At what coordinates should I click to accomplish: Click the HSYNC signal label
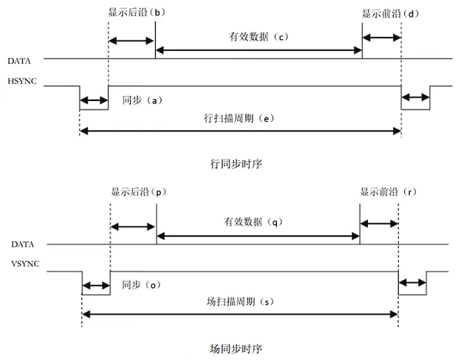click(x=22, y=81)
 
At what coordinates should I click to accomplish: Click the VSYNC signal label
click(x=25, y=264)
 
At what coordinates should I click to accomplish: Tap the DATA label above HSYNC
click(x=19, y=61)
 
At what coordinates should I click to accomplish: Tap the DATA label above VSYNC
click(x=22, y=244)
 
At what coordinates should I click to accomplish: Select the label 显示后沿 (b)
click(x=136, y=13)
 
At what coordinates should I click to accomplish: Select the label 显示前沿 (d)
click(x=390, y=14)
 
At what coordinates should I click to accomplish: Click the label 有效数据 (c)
click(x=258, y=37)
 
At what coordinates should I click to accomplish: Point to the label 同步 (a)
click(x=143, y=100)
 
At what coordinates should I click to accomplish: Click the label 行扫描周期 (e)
click(x=239, y=118)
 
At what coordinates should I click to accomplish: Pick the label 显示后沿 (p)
click(x=138, y=192)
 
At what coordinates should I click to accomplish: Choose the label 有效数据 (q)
click(x=253, y=221)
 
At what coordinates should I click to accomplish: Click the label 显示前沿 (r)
click(x=388, y=191)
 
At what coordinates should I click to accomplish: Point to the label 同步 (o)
click(x=141, y=285)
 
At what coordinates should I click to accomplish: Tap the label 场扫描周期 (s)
click(x=240, y=302)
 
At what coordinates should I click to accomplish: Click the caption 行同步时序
click(x=236, y=164)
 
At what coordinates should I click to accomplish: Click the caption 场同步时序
click(x=236, y=349)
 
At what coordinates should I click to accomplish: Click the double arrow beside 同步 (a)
click(x=94, y=100)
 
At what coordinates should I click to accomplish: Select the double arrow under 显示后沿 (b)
click(x=131, y=40)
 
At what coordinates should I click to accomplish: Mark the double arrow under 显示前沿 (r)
click(x=379, y=224)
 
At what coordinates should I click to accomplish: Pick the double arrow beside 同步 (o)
click(x=96, y=286)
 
